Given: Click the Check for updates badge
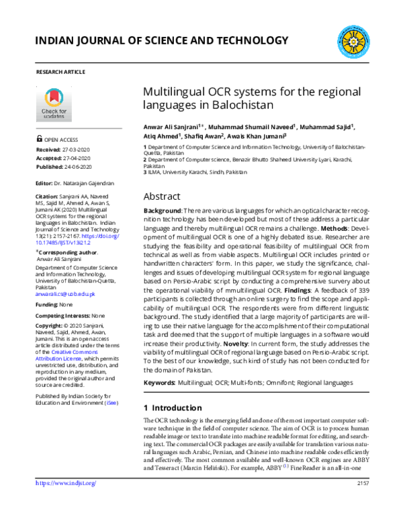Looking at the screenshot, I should (x=54, y=102).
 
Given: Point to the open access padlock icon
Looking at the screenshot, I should (x=39, y=140).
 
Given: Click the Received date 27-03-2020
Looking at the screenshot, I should (x=79, y=149).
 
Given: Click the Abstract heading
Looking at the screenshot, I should (x=162, y=196).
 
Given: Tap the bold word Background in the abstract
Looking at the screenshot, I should (x=162, y=211).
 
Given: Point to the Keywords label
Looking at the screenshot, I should (x=159, y=383).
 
